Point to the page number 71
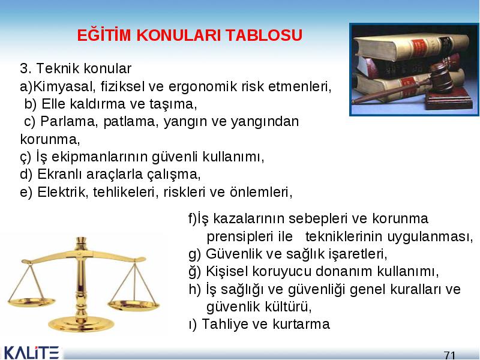tap(449, 355)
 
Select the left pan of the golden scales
tap(32, 303)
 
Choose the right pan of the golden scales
tap(134, 305)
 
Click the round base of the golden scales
tap(81, 325)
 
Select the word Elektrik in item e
tap(63, 192)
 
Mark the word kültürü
tap(289, 307)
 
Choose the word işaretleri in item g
tap(358, 254)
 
